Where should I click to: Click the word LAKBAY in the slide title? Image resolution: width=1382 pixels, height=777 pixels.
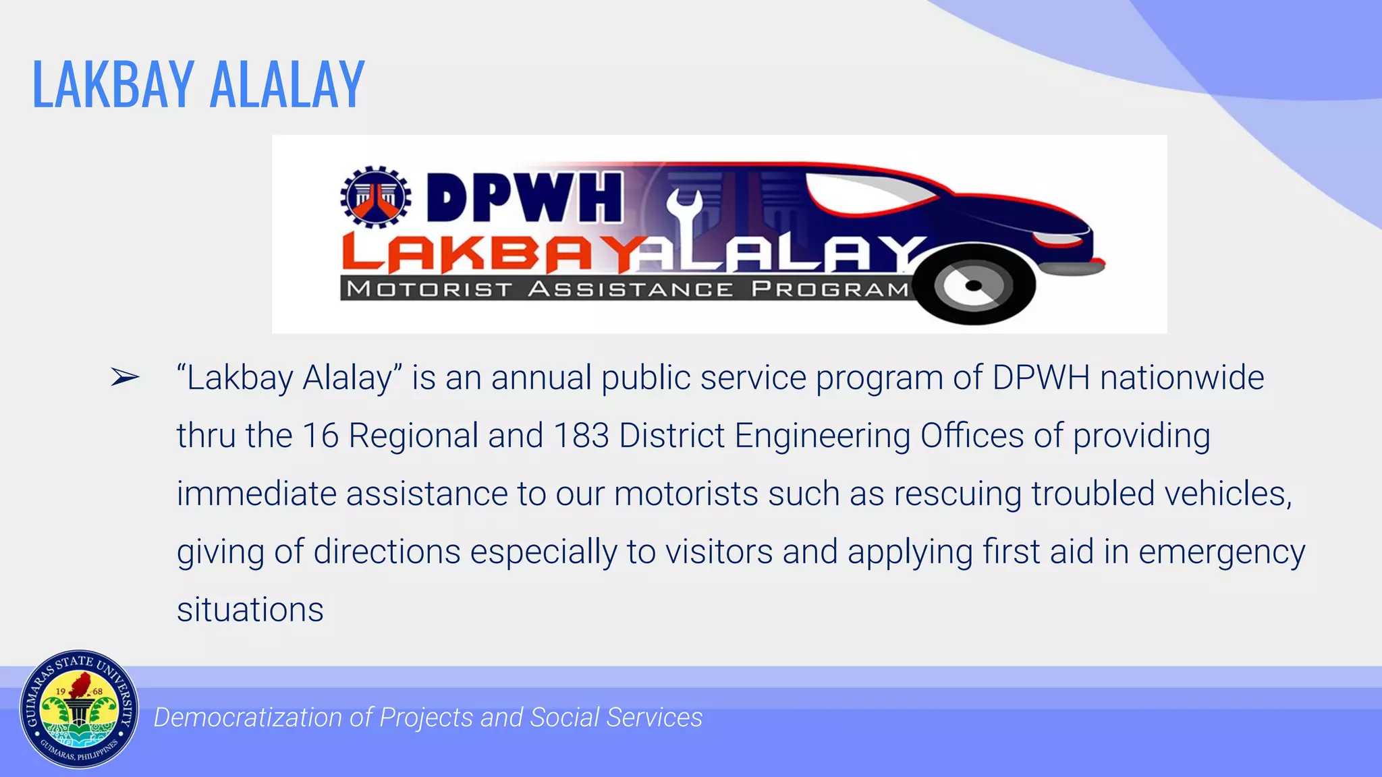[x=113, y=85]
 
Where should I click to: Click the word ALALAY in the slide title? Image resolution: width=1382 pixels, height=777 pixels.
[x=287, y=85]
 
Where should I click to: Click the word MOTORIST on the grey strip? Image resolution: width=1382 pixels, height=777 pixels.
[x=429, y=289]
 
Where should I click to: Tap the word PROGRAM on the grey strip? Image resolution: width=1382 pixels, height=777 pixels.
[x=831, y=289]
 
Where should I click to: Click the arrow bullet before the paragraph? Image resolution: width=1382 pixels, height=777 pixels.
[x=125, y=378]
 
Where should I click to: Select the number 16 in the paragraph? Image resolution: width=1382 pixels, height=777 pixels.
[x=321, y=436]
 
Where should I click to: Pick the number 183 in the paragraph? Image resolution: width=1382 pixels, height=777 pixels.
[x=581, y=436]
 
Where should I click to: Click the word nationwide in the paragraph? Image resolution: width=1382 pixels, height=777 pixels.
[x=1182, y=378]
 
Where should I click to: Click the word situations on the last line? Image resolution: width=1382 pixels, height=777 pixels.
[x=250, y=610]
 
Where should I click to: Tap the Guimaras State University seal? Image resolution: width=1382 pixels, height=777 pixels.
[x=79, y=710]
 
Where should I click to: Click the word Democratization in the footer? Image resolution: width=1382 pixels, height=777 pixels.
[x=248, y=718]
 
